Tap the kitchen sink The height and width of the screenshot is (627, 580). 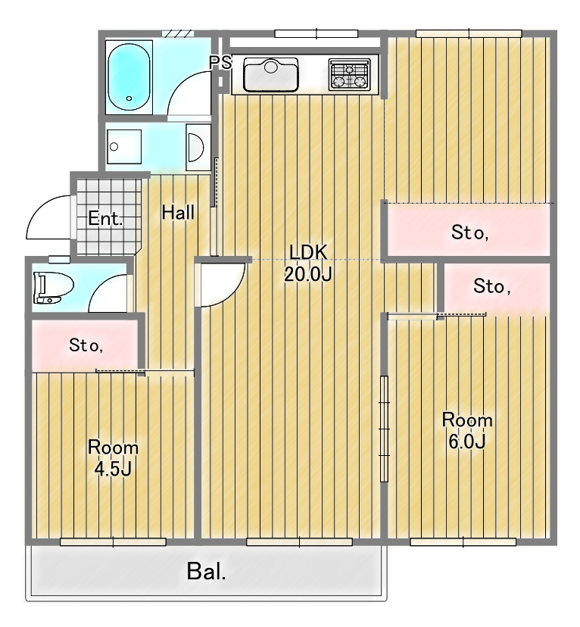(270, 73)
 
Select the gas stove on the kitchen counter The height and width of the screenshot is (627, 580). (349, 74)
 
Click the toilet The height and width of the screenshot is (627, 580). (52, 288)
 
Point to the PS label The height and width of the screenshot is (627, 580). (220, 63)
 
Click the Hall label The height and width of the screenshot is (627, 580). (178, 213)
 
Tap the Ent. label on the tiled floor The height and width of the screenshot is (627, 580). (105, 220)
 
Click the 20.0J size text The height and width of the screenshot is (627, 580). (307, 274)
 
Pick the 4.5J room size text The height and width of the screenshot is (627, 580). (113, 469)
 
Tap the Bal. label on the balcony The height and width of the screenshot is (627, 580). (207, 571)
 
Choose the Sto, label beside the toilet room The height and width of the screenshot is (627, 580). (86, 346)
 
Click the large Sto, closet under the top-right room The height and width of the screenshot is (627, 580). (469, 232)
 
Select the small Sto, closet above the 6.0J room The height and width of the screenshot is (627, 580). (492, 286)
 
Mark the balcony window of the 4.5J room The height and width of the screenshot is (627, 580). (113, 541)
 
